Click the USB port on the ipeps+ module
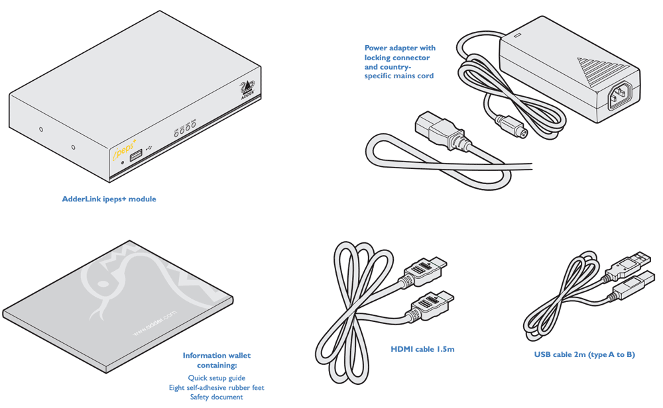(x=135, y=156)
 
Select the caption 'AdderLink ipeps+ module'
(x=109, y=199)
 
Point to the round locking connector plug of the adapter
(x=513, y=127)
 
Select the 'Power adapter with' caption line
(x=400, y=48)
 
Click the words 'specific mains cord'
(x=399, y=76)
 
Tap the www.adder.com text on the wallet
(x=154, y=323)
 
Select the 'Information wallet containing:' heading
(x=216, y=360)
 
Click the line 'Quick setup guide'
(x=216, y=378)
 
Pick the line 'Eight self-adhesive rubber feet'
(x=216, y=387)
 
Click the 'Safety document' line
(x=216, y=397)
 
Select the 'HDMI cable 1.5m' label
(x=422, y=349)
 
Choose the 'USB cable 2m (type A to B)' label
(x=584, y=355)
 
